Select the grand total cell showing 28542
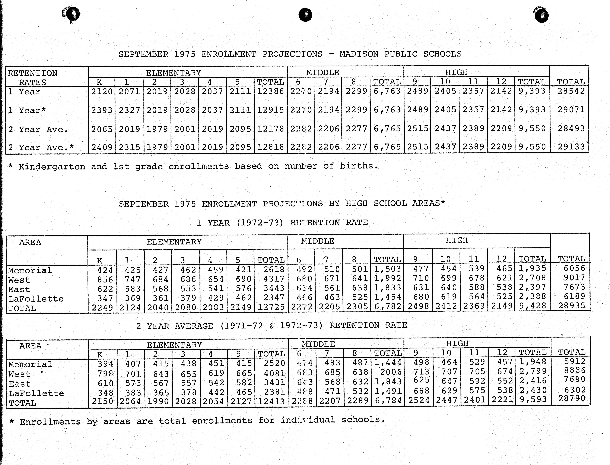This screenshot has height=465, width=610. (x=571, y=91)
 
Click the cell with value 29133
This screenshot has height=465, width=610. (x=571, y=147)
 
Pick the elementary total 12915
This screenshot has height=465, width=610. (x=270, y=110)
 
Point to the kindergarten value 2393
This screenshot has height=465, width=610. (x=102, y=110)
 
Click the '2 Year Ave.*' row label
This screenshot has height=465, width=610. (x=41, y=147)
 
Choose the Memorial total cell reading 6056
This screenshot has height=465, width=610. (x=574, y=268)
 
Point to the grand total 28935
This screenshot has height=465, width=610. (x=572, y=306)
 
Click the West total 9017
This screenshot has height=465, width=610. (x=574, y=278)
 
